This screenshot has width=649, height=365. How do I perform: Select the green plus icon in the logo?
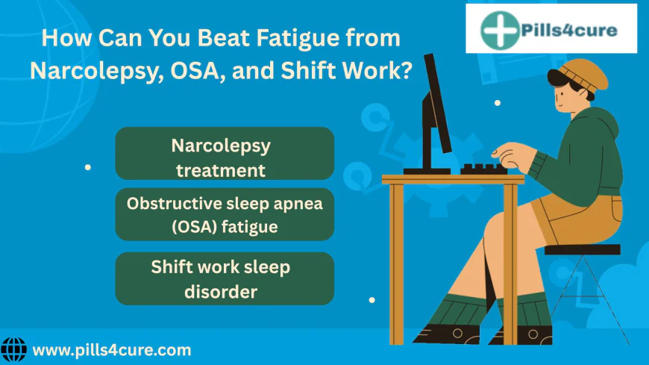coord(500,31)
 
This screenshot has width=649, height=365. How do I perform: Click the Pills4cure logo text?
coord(569,31)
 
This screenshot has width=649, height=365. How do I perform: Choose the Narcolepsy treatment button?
coord(225,153)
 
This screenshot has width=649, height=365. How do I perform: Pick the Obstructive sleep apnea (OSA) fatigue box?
coord(225,214)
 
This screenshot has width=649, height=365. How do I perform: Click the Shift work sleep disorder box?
coord(225,278)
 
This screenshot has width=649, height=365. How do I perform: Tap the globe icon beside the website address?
coord(13,349)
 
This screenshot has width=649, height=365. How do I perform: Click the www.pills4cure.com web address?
coord(112,350)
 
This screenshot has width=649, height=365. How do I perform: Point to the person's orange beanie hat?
coord(583,75)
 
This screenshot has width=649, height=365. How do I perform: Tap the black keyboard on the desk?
coord(483,169)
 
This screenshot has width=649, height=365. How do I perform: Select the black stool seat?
coord(582,249)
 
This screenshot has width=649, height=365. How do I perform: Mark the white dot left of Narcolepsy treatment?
coord(88,167)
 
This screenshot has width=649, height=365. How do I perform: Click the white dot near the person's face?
coord(498,103)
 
